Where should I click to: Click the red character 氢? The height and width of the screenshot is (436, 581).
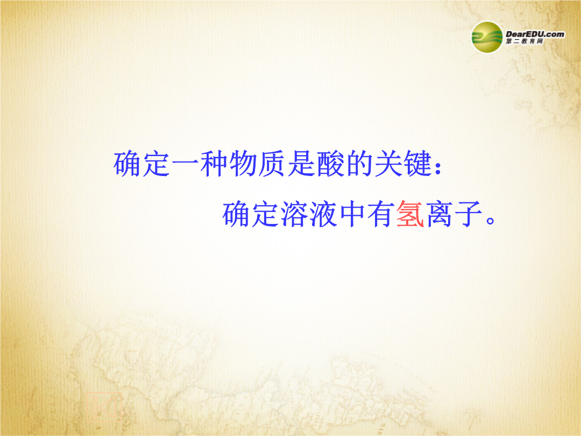coord(410,214)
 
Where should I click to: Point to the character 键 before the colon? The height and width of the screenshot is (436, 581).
coord(417,164)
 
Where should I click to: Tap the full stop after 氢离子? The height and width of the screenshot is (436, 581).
coord(490,220)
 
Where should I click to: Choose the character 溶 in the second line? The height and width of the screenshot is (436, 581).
coord(294,214)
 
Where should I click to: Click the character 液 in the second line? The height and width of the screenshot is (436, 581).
coord(323,214)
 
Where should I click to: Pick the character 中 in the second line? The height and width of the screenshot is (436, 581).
coord(352,214)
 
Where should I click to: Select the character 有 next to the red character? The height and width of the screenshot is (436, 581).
coord(381,214)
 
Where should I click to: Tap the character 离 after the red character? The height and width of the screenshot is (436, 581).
coord(439,214)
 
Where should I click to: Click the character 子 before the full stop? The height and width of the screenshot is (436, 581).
coord(469,214)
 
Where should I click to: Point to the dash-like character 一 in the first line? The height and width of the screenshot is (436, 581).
coord(185,164)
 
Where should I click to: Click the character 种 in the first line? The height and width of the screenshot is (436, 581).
coord(215,164)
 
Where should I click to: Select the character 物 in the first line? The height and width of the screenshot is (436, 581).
coord(244,164)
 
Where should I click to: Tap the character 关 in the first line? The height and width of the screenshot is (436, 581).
coord(389,164)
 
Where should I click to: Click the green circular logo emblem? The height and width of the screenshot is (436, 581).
coord(487,37)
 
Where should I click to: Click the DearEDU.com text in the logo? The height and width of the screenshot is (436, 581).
coord(535,34)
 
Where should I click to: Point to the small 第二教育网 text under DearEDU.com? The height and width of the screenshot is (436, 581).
coord(525,41)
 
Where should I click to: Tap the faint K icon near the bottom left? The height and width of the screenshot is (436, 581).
coord(104,406)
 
